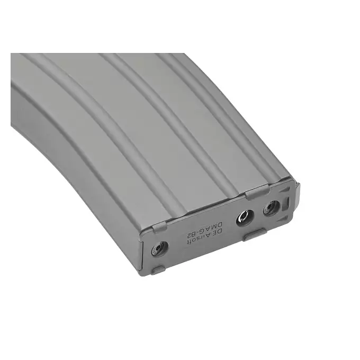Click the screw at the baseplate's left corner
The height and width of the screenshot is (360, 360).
click(x=160, y=249)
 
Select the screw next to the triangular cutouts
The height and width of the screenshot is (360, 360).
click(x=271, y=208)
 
